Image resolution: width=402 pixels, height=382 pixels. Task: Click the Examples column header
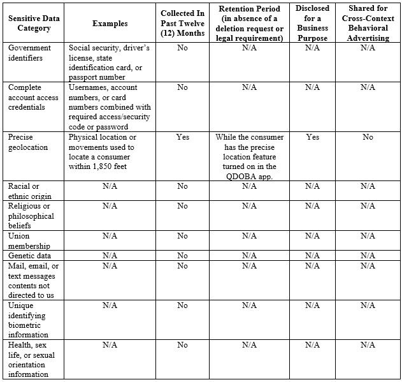click(x=110, y=24)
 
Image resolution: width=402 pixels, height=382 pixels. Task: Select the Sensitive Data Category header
click(x=34, y=24)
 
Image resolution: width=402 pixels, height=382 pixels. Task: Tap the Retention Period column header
click(x=249, y=24)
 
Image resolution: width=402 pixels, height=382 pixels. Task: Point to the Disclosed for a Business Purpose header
click(x=312, y=24)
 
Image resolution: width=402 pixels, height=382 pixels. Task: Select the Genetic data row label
click(x=29, y=256)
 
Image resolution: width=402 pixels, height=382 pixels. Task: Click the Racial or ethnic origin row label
click(x=29, y=191)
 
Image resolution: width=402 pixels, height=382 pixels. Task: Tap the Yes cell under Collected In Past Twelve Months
click(x=182, y=137)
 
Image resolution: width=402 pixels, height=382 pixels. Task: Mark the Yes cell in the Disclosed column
click(x=312, y=137)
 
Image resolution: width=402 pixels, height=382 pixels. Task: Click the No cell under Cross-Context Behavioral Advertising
click(x=368, y=137)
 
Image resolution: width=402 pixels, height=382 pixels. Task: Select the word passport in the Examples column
click(x=85, y=77)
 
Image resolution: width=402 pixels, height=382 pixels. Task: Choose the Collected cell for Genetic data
click(x=182, y=256)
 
